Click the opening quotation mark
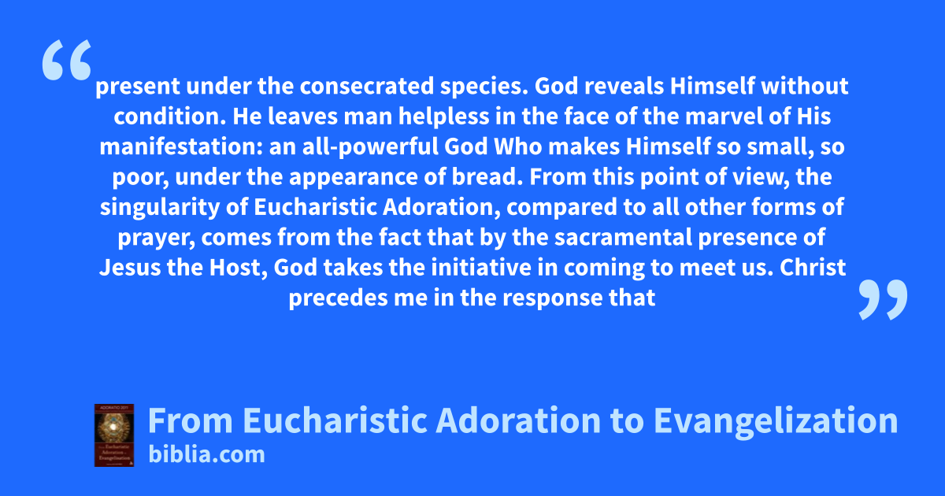point(67,60)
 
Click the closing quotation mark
point(883,299)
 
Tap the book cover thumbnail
point(114,435)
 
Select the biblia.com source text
point(206,455)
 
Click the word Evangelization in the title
point(776,420)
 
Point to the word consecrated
point(367,86)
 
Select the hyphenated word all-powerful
point(370,146)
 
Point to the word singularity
point(160,208)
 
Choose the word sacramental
point(623,237)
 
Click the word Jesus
point(130,268)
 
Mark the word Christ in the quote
point(813,268)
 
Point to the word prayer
point(156,238)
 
